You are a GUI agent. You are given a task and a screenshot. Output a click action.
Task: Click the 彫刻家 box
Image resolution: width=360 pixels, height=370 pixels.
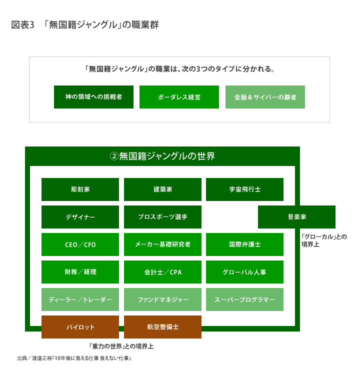80,189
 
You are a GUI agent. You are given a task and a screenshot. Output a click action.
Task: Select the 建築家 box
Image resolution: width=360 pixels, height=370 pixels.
162,189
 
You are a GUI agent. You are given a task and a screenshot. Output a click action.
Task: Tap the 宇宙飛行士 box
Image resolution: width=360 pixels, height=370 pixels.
244,189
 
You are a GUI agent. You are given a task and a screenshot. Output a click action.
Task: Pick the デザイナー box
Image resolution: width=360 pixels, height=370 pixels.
80,217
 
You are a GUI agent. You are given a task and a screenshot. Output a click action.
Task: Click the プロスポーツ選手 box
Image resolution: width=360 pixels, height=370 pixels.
162,217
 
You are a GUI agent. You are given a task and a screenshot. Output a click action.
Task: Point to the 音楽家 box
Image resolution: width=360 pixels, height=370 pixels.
296,217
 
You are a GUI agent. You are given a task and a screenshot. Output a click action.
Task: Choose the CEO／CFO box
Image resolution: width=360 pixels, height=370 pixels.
80,244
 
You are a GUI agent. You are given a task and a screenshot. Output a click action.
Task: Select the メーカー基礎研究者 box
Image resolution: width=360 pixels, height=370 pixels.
162,244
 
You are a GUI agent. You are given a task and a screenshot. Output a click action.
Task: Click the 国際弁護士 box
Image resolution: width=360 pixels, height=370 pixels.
244,244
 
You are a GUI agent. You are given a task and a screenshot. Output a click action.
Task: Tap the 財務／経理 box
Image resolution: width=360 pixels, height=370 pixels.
80,272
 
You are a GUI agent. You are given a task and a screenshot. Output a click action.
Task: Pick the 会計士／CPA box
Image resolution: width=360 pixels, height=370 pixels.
162,272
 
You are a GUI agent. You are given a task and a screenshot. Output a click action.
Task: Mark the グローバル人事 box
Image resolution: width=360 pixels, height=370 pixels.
244,272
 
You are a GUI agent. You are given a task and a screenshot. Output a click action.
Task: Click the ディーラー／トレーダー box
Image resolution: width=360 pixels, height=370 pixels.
80,299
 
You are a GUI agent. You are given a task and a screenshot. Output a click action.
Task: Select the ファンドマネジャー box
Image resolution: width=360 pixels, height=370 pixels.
162,299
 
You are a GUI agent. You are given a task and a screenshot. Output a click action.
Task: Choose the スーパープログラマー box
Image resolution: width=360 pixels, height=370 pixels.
244,299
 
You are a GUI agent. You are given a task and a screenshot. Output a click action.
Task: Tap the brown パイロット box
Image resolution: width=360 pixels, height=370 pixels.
80,327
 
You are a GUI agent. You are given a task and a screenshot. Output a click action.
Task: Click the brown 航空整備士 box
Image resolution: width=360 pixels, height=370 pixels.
162,327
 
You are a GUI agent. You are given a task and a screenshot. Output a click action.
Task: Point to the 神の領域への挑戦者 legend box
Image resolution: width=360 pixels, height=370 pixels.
93,97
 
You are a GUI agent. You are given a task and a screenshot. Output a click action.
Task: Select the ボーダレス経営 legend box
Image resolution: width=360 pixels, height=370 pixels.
179,97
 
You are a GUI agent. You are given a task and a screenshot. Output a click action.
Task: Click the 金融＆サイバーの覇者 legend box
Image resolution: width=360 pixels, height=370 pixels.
265,97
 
